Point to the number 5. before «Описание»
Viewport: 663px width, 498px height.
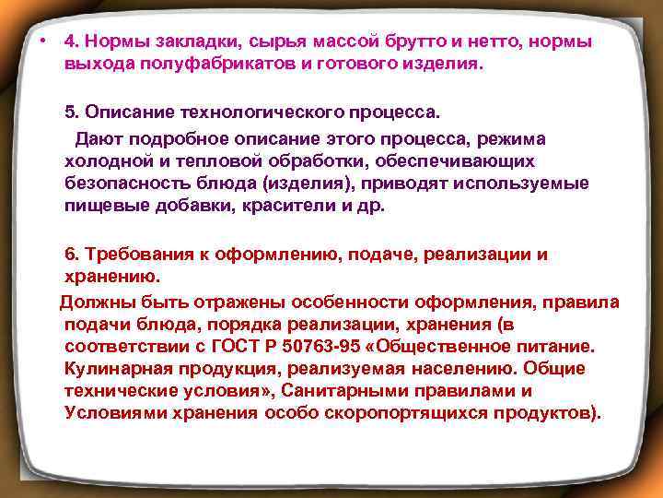click(72, 113)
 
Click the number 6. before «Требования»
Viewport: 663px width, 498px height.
click(72, 254)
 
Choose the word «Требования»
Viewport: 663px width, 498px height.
click(135, 254)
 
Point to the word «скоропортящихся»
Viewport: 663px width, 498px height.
click(393, 412)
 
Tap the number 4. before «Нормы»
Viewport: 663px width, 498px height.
click(72, 42)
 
